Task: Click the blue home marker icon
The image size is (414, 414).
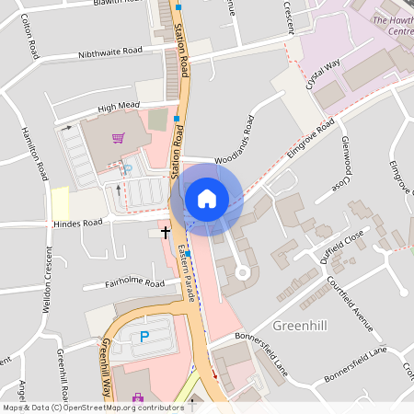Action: [207, 199]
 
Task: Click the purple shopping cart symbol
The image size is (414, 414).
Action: [118, 139]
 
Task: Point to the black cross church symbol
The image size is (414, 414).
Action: [166, 232]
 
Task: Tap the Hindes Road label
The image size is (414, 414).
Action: [78, 224]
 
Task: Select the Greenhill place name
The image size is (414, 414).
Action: [299, 326]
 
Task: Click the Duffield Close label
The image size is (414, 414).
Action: [343, 245]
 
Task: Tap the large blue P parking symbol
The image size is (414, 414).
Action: [144, 337]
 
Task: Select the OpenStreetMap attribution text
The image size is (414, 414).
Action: [93, 407]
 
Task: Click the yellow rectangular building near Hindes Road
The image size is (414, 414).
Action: [60, 201]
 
